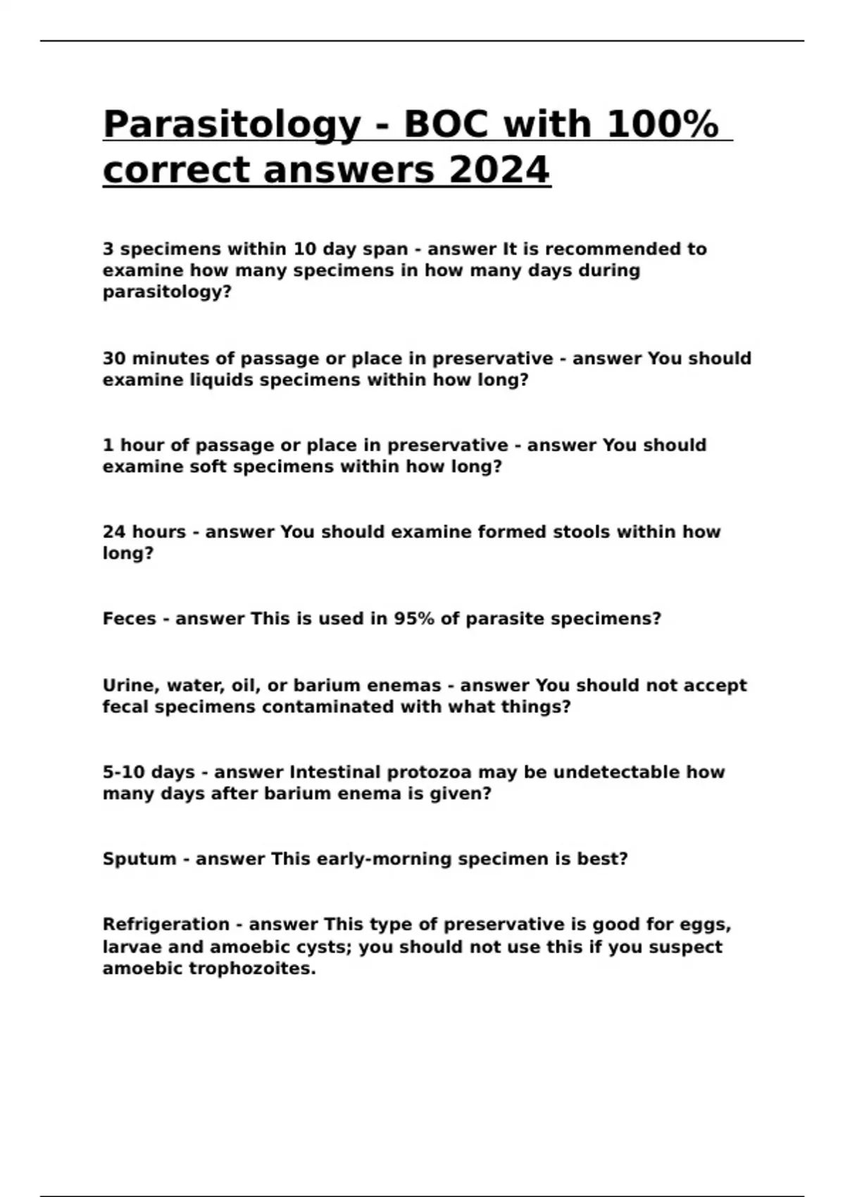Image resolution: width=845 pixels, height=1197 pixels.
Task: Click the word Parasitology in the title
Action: point(232,125)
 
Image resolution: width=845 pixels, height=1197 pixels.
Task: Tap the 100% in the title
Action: point(662,125)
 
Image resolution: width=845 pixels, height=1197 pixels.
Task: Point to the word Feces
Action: point(129,619)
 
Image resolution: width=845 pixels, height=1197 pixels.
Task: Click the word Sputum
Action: point(139,859)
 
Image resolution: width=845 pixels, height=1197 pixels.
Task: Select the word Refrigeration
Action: point(166,925)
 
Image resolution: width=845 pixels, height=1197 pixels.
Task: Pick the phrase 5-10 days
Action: point(149,772)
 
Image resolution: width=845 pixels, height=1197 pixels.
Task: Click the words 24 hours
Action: point(144,532)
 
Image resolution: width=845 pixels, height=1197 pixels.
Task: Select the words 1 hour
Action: point(136,445)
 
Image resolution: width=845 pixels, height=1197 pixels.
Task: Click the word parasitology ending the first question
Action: point(167,292)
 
